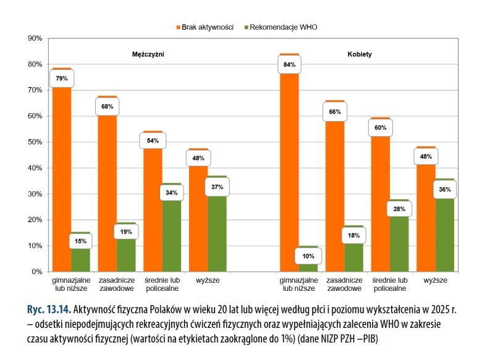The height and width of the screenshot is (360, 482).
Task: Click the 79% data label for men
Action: (62, 78)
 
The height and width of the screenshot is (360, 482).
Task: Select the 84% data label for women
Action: (290, 64)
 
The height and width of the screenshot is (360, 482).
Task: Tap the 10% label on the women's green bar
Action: (308, 256)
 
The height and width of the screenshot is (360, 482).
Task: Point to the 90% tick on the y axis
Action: (34, 38)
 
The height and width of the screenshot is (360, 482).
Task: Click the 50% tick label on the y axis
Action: (34, 142)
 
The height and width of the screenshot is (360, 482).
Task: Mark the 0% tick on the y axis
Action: (36, 272)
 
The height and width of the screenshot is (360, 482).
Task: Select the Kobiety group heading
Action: (360, 54)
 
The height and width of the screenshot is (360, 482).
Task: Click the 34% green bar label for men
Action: (171, 193)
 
